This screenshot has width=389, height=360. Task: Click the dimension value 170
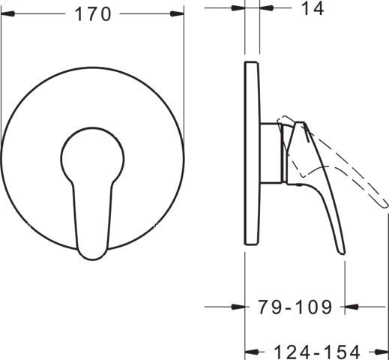pos(92,14)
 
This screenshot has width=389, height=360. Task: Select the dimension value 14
pos(313,8)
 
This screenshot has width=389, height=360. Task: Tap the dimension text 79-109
pos(295,307)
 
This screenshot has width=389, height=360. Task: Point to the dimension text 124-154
pos(317,352)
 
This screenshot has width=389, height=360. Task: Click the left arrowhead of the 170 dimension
pos(7,13)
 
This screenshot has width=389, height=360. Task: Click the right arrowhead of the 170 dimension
pos(177,13)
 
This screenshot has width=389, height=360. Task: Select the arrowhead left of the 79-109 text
pos(238,307)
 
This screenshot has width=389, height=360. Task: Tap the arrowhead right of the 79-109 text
pos(352,306)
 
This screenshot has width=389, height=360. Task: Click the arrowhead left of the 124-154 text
pos(252,352)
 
